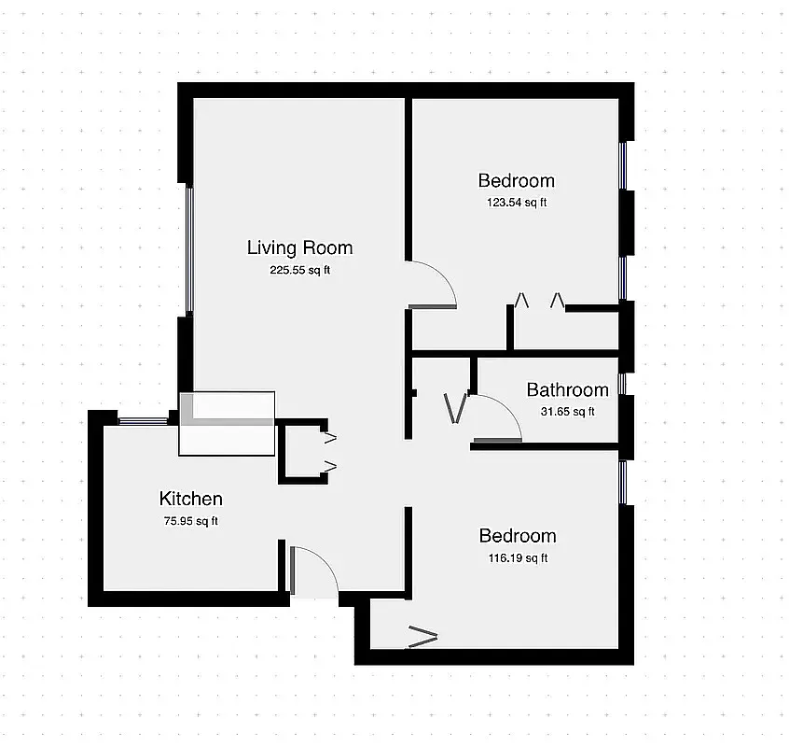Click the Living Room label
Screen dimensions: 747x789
point(299,247)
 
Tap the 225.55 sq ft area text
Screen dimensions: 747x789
point(299,271)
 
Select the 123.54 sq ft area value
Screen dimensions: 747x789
point(516,203)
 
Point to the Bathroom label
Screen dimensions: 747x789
point(567,389)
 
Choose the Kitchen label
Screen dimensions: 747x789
point(190,499)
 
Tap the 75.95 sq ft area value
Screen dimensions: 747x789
point(190,521)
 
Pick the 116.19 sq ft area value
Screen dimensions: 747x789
point(517,558)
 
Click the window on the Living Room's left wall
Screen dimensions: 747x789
point(189,248)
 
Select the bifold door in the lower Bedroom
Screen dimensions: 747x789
point(422,639)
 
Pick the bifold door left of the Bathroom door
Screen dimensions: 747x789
point(455,407)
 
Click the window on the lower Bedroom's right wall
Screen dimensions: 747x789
point(624,482)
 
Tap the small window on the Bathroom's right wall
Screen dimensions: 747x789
point(624,383)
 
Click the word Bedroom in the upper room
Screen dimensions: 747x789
point(516,180)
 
